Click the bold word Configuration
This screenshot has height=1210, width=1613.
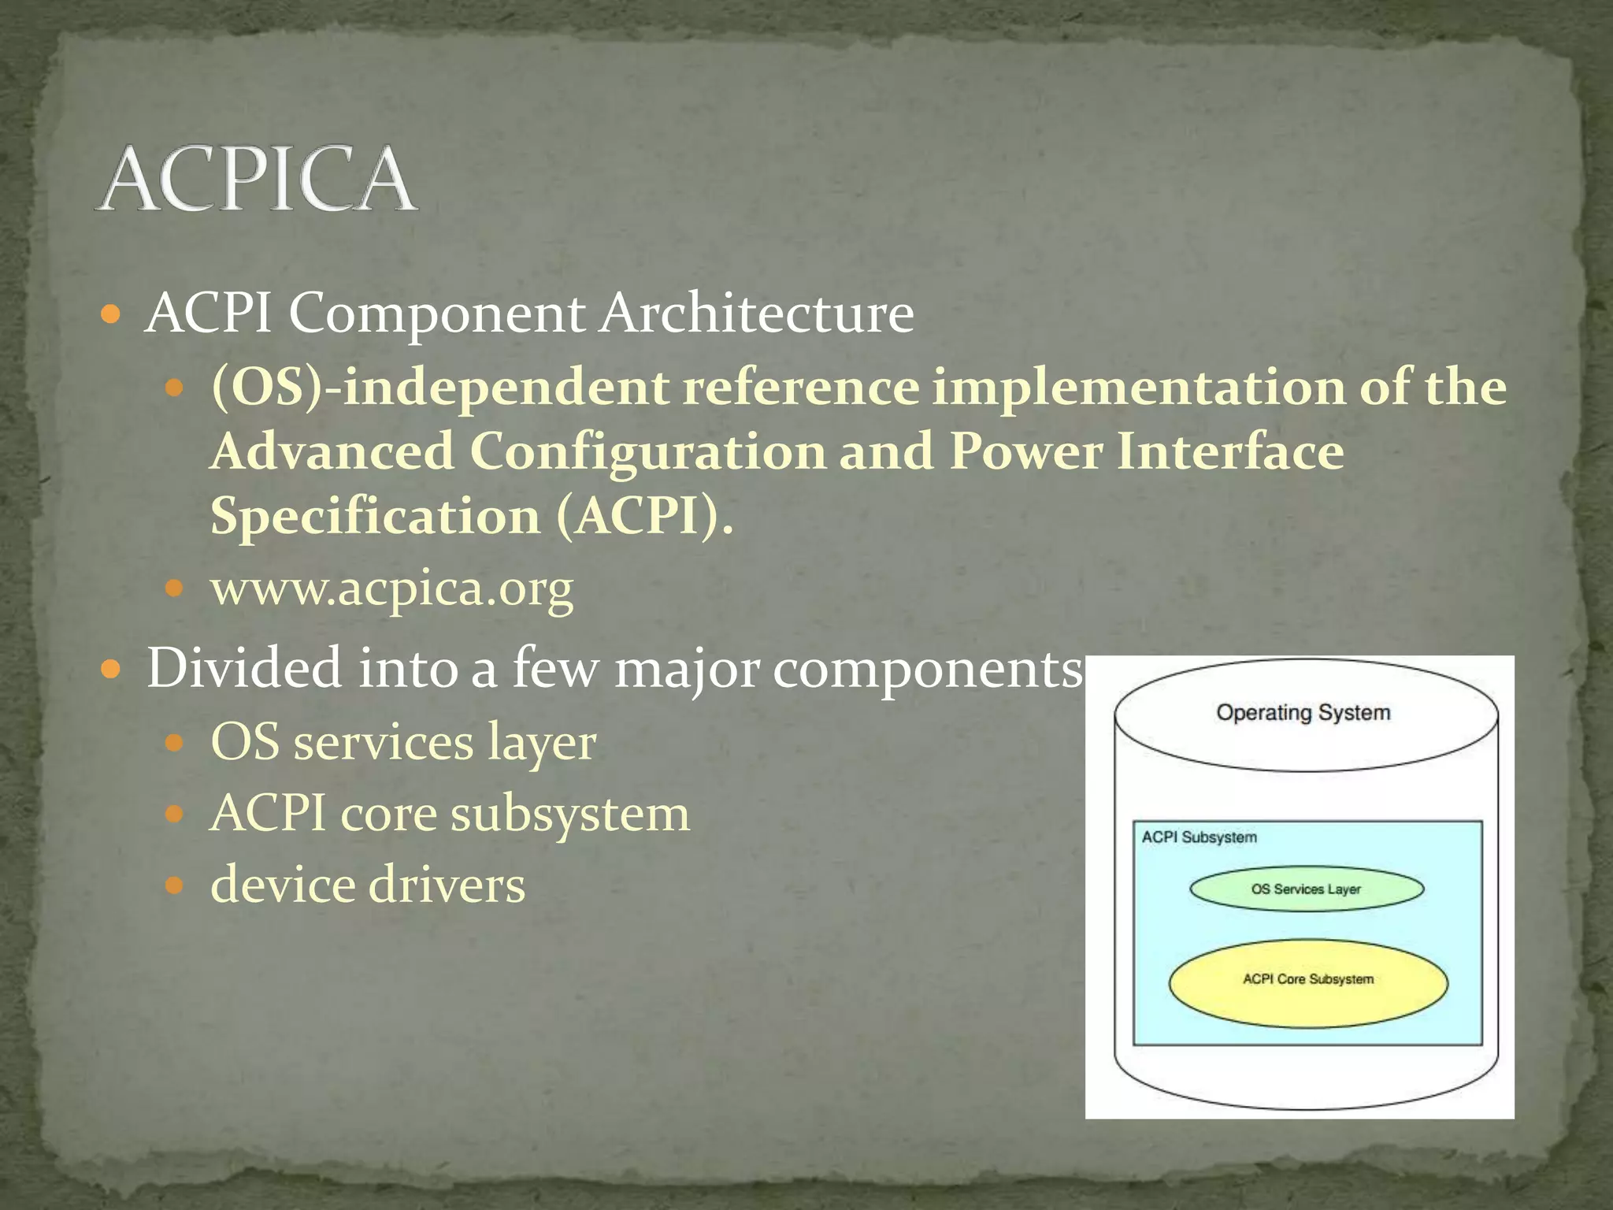647,452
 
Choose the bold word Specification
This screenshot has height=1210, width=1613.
375,517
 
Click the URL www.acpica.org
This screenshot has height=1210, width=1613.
391,588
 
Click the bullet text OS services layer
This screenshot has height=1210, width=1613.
403,742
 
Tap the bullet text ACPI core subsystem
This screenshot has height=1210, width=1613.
450,813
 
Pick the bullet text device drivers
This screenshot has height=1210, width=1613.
368,885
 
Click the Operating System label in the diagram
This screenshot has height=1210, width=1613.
1303,713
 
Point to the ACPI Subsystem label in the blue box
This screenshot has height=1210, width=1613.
1199,837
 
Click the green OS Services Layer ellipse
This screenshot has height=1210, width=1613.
1306,889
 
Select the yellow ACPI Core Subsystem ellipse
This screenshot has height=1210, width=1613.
1307,982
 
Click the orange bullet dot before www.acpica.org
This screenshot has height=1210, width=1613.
174,588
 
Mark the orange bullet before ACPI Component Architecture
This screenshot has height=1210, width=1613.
111,316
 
